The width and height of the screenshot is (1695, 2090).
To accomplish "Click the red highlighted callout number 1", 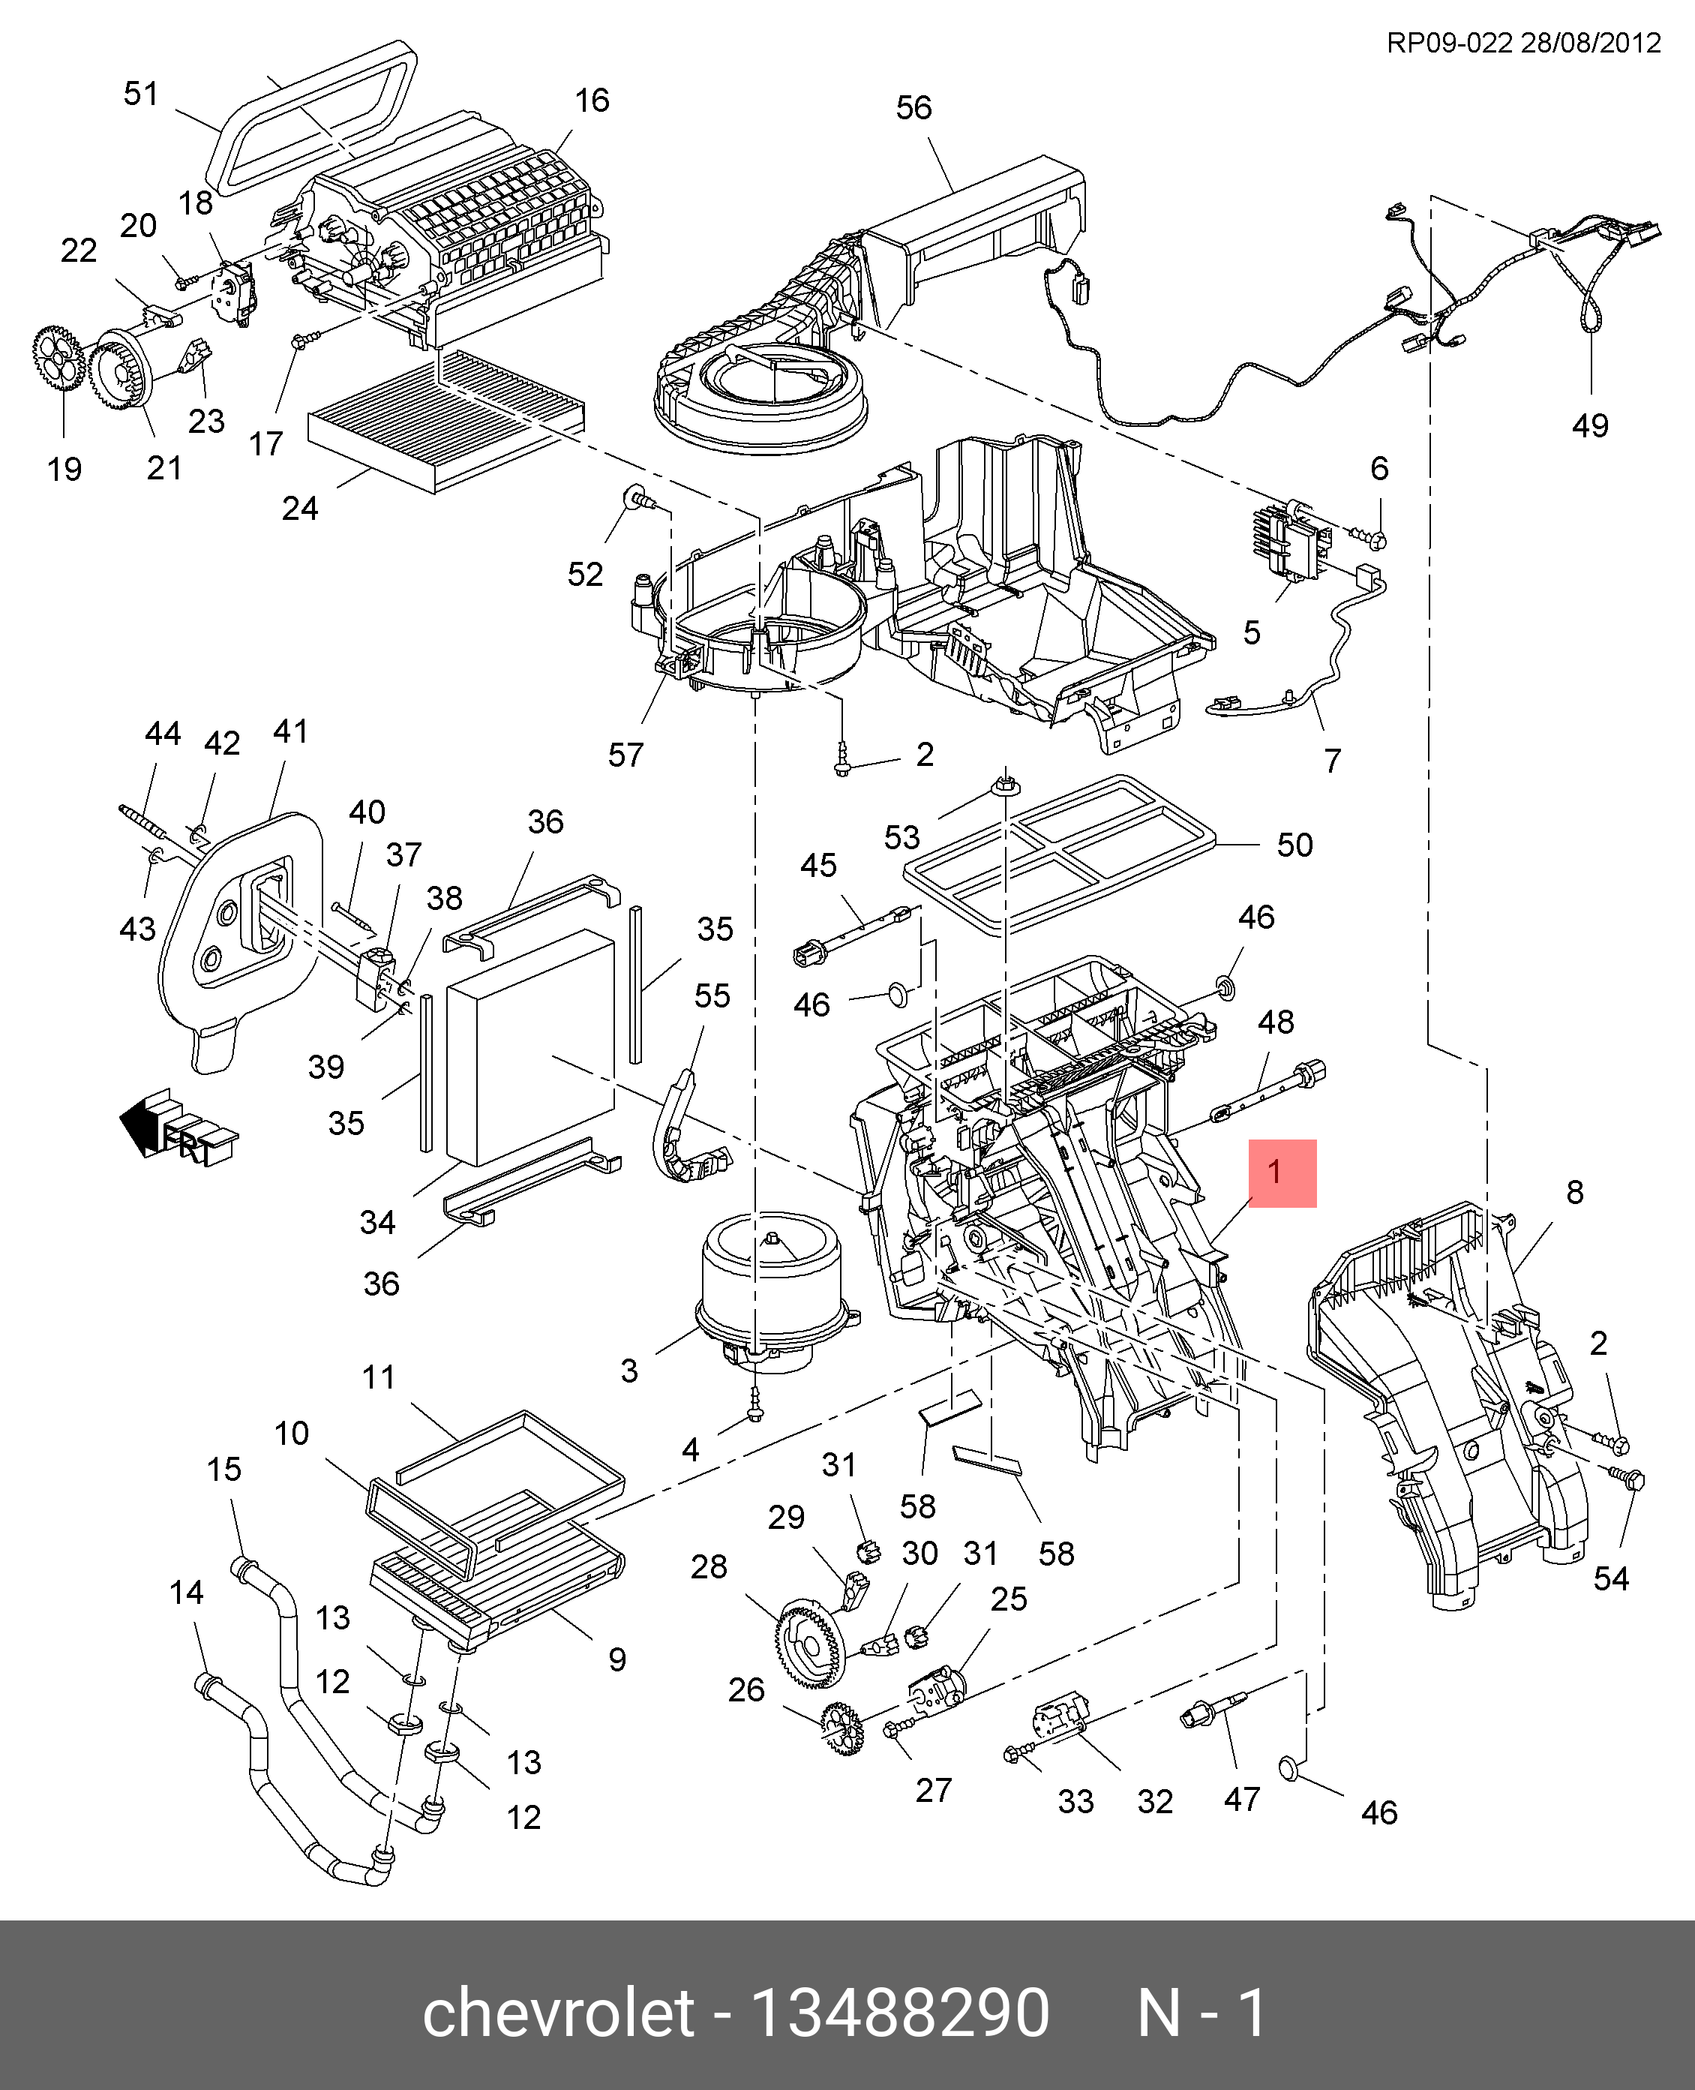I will tap(1281, 1173).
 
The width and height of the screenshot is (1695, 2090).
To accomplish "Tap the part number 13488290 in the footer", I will tap(899, 2013).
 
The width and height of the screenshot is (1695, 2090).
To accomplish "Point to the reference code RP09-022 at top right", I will tap(1449, 43).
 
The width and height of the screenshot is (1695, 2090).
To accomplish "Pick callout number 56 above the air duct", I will tap(914, 107).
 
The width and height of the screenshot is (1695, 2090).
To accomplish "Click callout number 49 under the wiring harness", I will tap(1589, 426).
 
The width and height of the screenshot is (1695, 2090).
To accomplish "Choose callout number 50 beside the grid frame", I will tap(1294, 845).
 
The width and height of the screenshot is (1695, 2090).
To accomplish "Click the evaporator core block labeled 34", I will tap(529, 1047).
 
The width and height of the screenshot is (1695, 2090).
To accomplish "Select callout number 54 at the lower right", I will tap(1610, 1579).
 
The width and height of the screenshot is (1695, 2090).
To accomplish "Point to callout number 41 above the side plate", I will tap(290, 731).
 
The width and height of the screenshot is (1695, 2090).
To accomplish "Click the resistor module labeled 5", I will tap(1288, 543).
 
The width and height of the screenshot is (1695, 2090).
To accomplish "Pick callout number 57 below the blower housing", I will tap(625, 755).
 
